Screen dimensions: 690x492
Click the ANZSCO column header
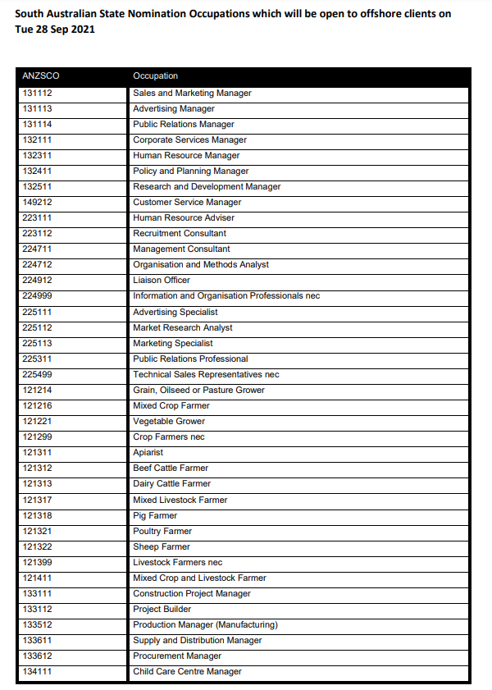pos(41,76)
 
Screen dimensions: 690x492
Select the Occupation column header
pos(156,76)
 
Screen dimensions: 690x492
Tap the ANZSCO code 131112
pos(38,93)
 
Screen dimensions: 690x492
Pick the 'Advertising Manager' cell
pos(174,108)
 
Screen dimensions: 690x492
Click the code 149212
pos(38,202)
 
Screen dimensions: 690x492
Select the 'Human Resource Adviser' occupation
pos(184,217)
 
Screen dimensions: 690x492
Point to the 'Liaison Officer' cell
pos(162,280)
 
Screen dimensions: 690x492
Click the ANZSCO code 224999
pos(38,295)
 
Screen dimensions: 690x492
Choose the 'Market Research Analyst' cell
pos(183,327)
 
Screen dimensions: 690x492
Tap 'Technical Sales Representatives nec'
pos(206,374)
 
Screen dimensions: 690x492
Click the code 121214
pos(38,390)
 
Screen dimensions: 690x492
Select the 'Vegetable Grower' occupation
pos(169,421)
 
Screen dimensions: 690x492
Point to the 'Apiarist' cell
pos(148,452)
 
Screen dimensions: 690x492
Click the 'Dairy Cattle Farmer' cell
pos(172,483)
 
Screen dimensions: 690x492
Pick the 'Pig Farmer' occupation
pos(155,515)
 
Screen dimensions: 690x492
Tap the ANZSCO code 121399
pos(38,562)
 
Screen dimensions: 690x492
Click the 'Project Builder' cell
pos(162,609)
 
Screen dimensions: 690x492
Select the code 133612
pos(38,656)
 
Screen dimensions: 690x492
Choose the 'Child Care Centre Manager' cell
pos(188,671)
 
